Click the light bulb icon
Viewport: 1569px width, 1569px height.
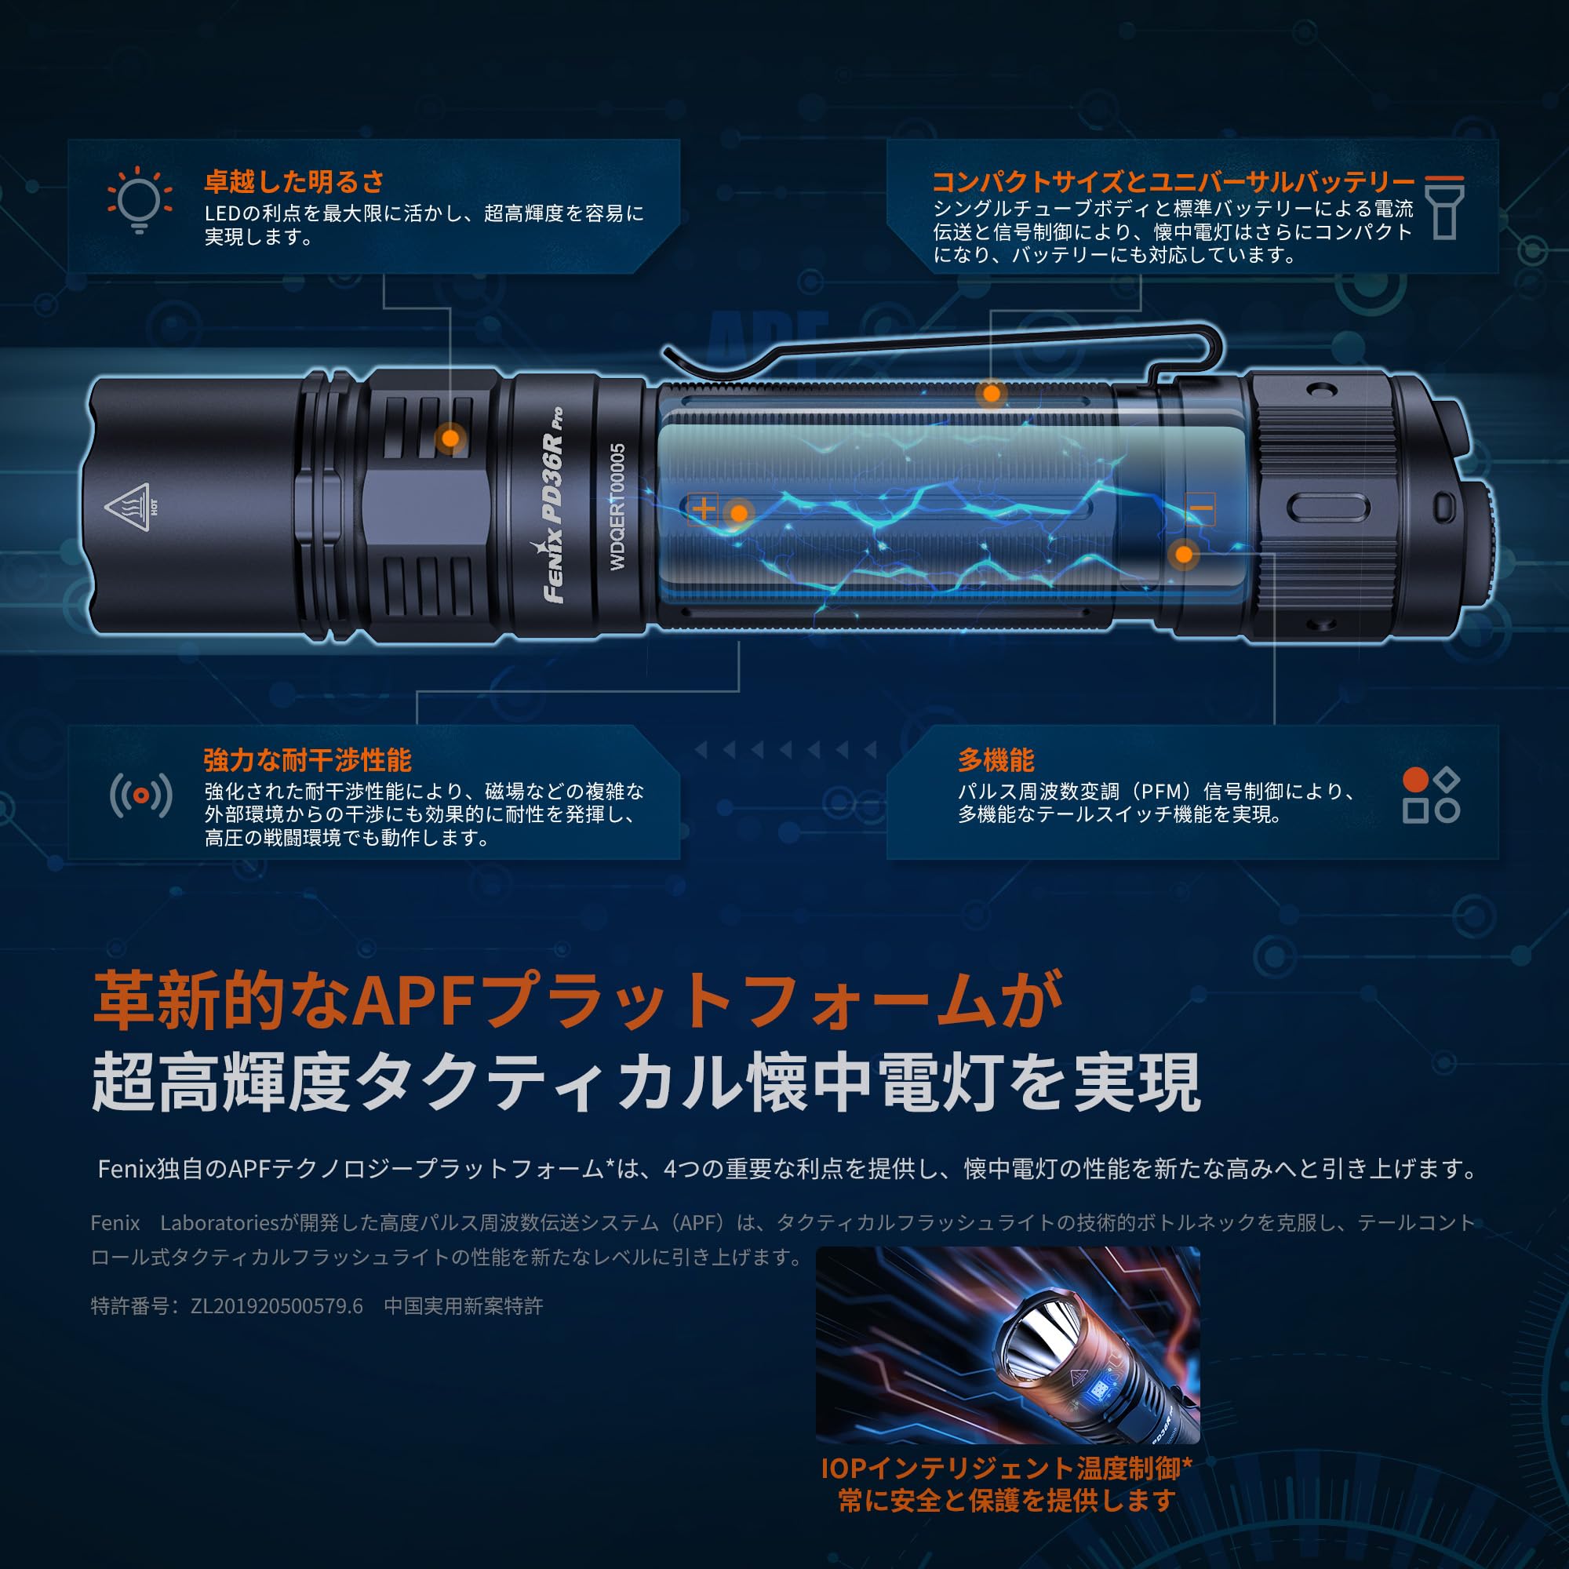click(139, 200)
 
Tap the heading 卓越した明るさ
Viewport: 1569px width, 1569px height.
click(294, 182)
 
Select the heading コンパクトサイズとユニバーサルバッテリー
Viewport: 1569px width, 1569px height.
click(1174, 182)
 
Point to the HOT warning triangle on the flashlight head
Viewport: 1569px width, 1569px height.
click(129, 507)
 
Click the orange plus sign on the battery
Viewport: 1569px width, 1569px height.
click(703, 509)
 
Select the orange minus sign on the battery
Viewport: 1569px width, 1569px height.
click(1200, 509)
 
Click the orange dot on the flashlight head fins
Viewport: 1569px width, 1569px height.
click(450, 439)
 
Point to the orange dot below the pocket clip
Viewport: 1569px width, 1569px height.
click(992, 395)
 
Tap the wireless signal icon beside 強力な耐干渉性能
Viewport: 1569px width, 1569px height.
click(140, 795)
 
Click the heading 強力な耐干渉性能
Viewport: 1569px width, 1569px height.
click(307, 760)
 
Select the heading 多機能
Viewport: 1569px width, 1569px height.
click(995, 760)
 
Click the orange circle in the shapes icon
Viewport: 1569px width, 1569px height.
click(1415, 780)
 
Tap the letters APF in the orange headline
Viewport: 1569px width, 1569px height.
click(415, 1001)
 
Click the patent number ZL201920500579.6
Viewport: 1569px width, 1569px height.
click(276, 1306)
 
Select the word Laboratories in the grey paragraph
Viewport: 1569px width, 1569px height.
click(220, 1223)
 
